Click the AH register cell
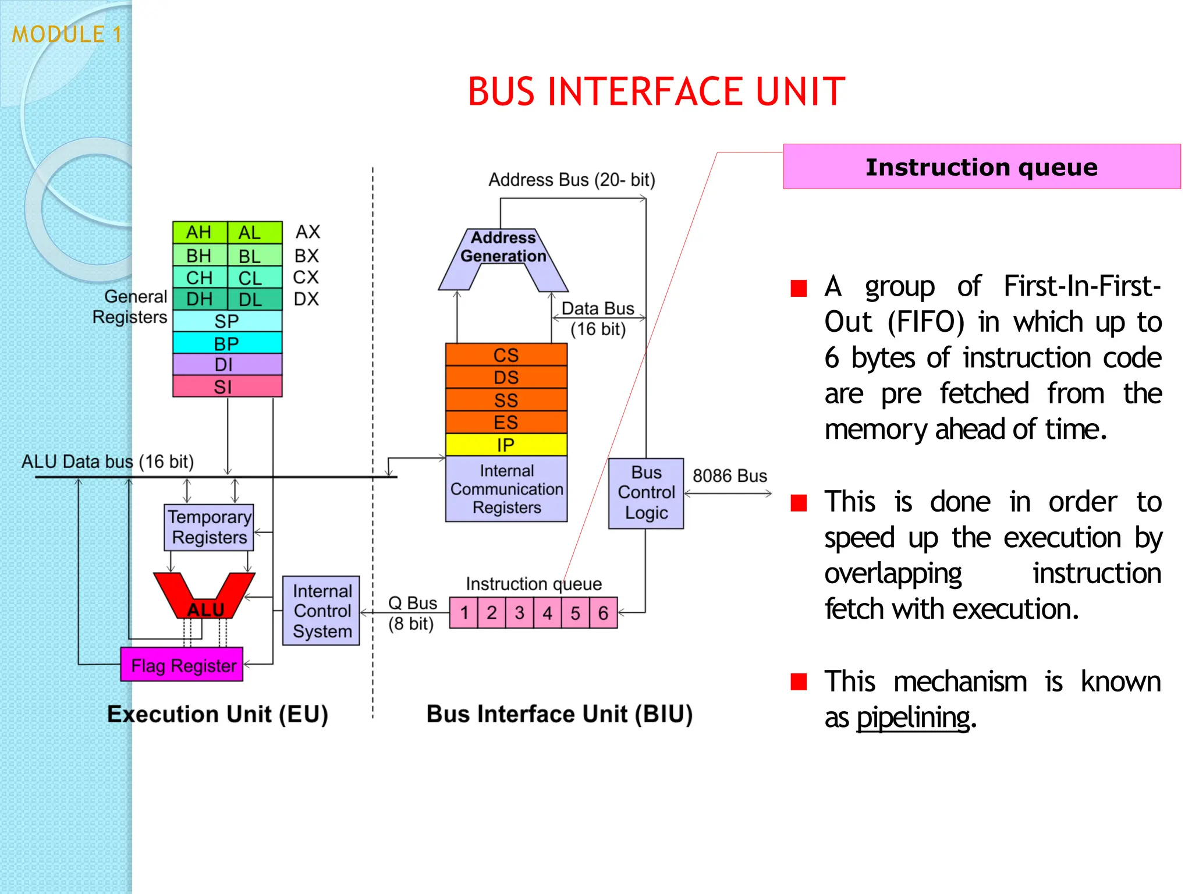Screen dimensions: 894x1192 pyautogui.click(x=199, y=233)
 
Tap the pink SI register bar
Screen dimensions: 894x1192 pyautogui.click(x=227, y=386)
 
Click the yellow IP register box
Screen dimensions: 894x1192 pyautogui.click(x=506, y=445)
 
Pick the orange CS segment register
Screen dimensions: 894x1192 pyautogui.click(x=506, y=355)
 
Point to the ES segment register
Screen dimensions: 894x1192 pyautogui.click(x=506, y=423)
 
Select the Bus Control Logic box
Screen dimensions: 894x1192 pyautogui.click(x=646, y=493)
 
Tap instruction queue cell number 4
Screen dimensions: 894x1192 pyautogui.click(x=547, y=613)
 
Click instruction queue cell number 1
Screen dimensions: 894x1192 pyautogui.click(x=464, y=613)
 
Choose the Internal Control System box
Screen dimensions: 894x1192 pyautogui.click(x=321, y=611)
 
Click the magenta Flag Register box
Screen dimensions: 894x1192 pyautogui.click(x=182, y=665)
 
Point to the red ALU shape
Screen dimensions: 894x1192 pyautogui.click(x=205, y=599)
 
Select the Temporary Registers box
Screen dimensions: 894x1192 pyautogui.click(x=209, y=527)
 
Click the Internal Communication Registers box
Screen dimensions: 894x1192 pyautogui.click(x=506, y=489)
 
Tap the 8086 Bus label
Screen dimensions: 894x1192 pyautogui.click(x=729, y=476)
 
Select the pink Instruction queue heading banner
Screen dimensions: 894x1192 pyautogui.click(x=981, y=167)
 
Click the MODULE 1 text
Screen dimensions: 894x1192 pyautogui.click(x=67, y=35)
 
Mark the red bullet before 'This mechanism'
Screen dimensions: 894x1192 pyautogui.click(x=799, y=682)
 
